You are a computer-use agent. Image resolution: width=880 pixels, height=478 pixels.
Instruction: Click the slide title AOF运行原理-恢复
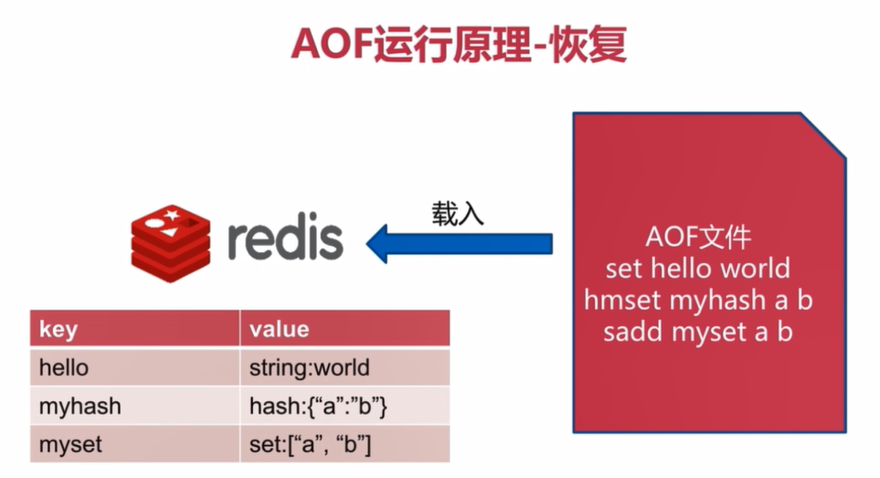[459, 45]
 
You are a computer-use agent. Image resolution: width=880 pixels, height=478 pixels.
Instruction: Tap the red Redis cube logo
[171, 242]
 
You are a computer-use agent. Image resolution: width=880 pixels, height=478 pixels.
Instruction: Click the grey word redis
[285, 236]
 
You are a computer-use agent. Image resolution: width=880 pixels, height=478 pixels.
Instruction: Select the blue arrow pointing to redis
[459, 243]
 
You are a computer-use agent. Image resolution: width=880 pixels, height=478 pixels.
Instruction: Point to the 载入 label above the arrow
[458, 214]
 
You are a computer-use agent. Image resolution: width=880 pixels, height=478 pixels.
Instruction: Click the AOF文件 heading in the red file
[698, 237]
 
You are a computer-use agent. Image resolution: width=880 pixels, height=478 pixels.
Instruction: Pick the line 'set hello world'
[697, 268]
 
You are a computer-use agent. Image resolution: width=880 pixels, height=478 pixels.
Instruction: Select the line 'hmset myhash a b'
[698, 300]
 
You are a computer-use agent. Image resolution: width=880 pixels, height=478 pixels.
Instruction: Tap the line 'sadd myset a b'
[697, 332]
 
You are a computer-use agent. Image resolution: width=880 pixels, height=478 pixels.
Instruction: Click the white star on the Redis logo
[172, 214]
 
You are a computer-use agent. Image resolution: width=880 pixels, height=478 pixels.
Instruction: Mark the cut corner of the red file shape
[822, 136]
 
